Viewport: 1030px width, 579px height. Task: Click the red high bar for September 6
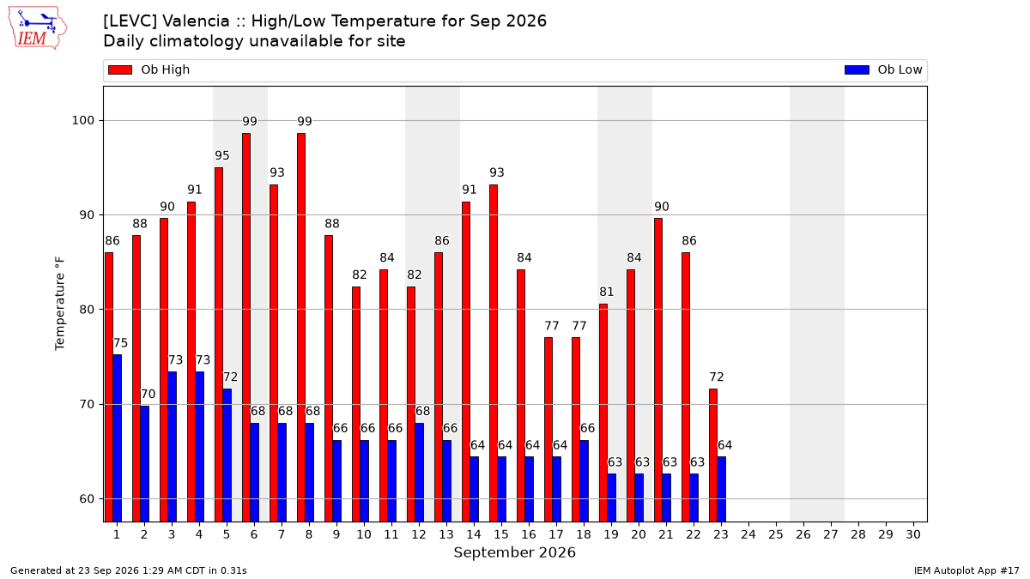pos(246,328)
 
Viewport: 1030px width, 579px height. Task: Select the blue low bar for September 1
pos(118,438)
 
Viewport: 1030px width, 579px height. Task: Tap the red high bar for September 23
pos(713,455)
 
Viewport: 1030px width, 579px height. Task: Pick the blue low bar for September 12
pos(420,473)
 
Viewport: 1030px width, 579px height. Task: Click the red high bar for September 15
pos(494,353)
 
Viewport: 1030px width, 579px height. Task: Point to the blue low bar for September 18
pos(584,481)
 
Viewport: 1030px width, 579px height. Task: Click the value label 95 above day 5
pos(222,155)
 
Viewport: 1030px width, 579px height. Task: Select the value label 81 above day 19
pos(607,292)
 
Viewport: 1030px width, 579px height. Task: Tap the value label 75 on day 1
pos(120,343)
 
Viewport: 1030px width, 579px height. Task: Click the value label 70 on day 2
pos(148,394)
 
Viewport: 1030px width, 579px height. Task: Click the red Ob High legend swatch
pos(120,69)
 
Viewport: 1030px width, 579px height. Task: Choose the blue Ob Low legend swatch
pos(857,69)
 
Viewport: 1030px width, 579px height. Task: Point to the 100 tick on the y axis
pos(82,120)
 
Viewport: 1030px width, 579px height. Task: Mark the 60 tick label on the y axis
pos(87,499)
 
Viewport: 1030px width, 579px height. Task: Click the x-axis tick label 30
pos(913,534)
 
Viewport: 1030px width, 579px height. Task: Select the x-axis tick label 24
pos(748,534)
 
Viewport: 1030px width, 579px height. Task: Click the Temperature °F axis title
pos(60,304)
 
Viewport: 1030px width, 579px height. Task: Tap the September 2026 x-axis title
pos(514,552)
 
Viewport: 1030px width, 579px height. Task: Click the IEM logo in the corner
pos(38,28)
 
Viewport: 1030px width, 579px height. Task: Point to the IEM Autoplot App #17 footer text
pos(966,570)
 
